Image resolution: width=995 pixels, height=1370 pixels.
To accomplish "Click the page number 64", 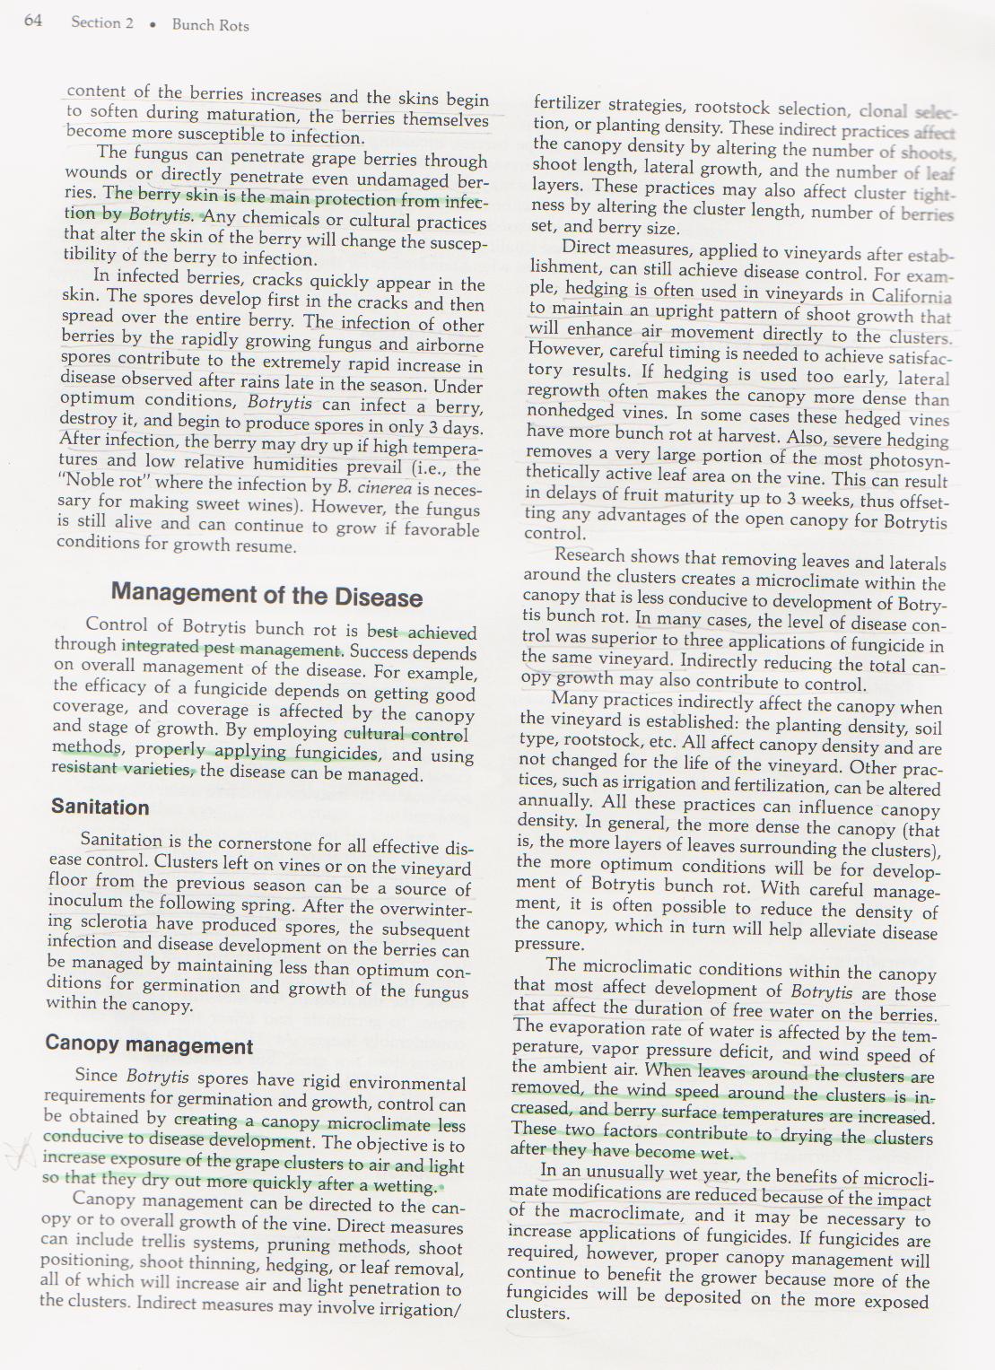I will point(33,21).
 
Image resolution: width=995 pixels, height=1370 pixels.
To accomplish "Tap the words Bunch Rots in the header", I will point(210,25).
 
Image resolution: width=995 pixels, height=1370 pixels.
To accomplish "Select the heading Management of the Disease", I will point(266,595).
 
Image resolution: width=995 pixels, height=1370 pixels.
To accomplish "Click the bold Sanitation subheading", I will point(100,807).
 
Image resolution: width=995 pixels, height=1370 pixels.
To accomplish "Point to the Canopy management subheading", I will point(149,1045).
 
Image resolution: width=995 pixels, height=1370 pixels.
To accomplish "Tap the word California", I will point(911,296).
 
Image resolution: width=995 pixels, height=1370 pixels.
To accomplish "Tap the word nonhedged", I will point(570,412).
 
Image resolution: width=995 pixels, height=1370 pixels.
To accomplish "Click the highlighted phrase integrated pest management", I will point(231,649).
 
